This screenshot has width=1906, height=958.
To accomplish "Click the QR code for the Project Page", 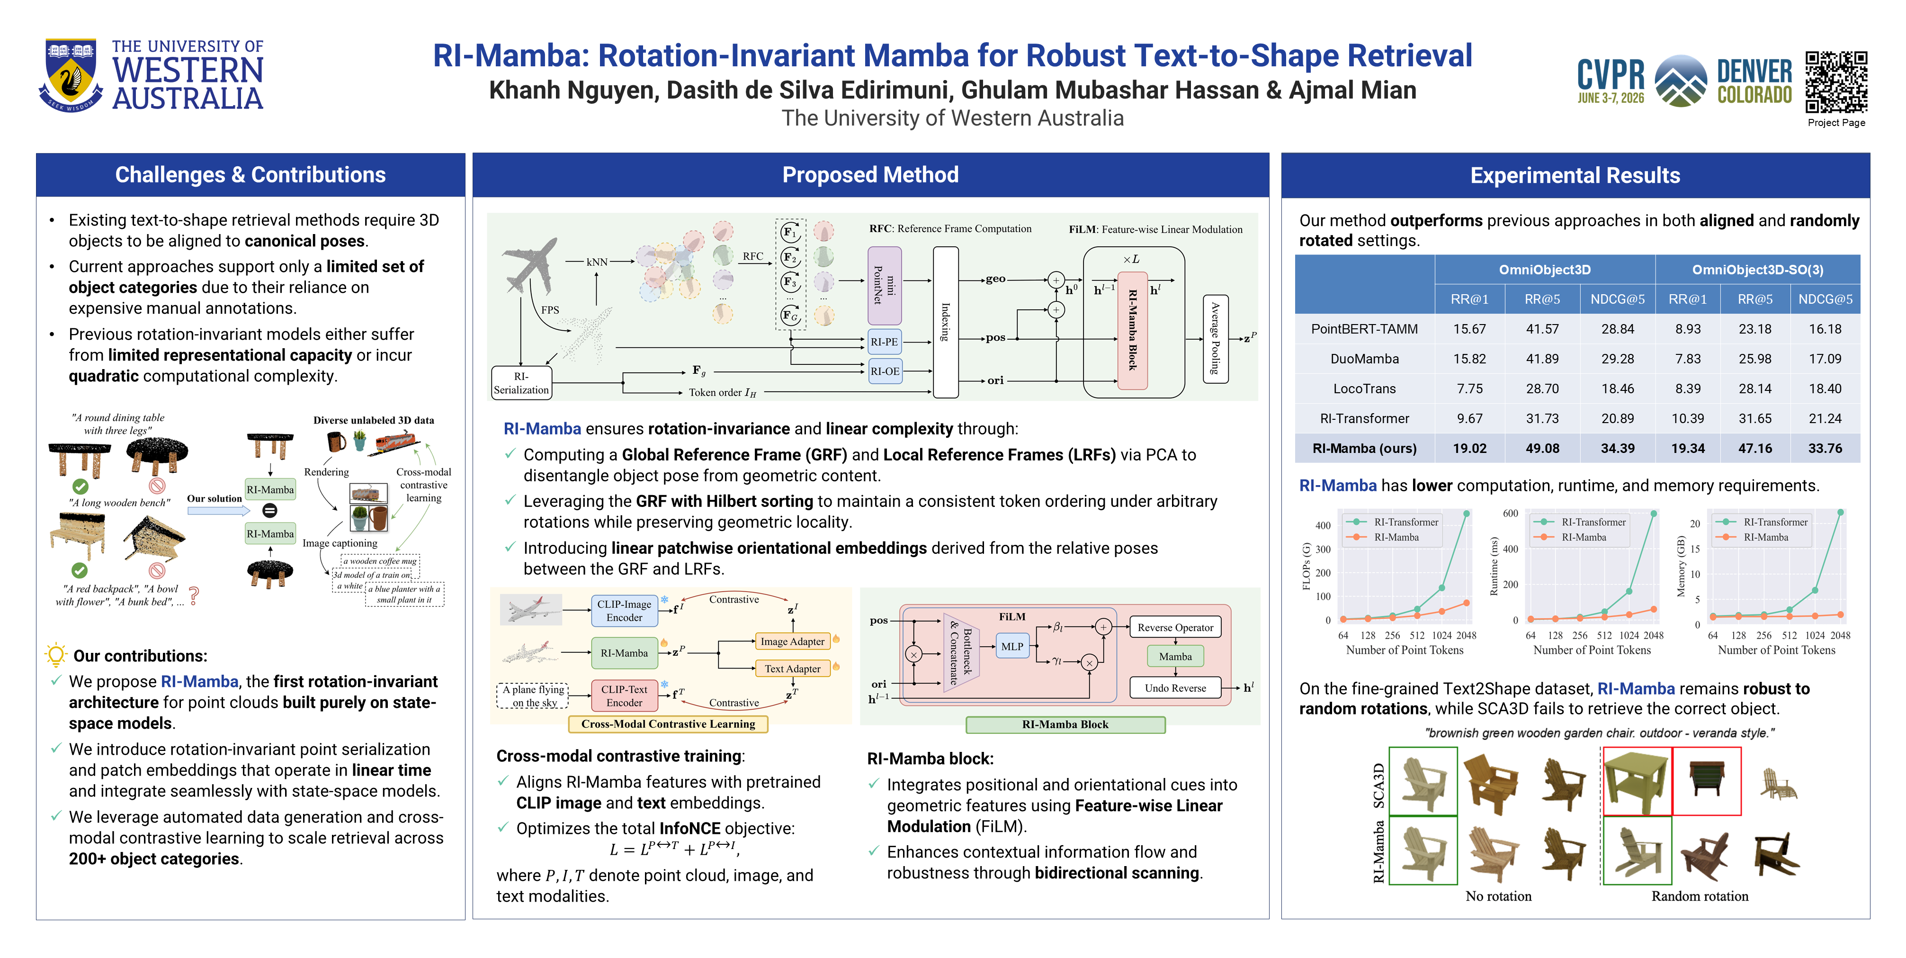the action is tap(1836, 81).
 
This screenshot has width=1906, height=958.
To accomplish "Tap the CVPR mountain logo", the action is tap(1681, 81).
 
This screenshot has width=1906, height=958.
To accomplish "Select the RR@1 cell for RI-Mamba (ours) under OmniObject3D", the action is tap(1469, 448).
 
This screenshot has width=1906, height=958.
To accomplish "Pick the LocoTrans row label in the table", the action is tap(1364, 389).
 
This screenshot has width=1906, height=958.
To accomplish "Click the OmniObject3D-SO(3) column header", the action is tap(1757, 270).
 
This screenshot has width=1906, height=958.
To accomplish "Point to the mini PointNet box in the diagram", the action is tap(884, 285).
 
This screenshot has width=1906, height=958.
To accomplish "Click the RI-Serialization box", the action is tap(521, 383).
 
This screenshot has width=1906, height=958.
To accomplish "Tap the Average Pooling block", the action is tap(1216, 338).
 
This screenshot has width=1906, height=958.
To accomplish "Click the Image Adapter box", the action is tap(792, 641).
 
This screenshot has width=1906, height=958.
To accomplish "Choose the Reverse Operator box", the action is tap(1175, 627).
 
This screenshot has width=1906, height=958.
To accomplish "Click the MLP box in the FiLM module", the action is tap(1012, 646).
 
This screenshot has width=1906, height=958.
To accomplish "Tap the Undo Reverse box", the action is tap(1175, 688).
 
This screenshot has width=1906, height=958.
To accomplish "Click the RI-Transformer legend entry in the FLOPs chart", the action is tap(1392, 522).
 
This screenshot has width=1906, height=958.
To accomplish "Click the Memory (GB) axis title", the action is tap(1680, 566).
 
